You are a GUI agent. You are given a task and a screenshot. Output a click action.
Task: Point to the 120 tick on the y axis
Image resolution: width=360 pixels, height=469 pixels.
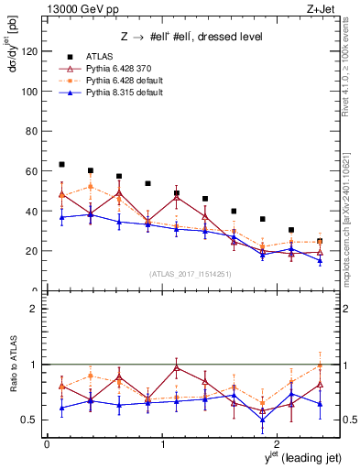pyautogui.click(x=29, y=52)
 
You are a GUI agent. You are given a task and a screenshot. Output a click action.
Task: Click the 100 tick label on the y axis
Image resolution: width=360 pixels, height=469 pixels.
pyautogui.click(x=29, y=92)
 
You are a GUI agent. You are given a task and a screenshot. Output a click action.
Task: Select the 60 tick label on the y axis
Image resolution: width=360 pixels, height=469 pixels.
pyautogui.click(x=32, y=171)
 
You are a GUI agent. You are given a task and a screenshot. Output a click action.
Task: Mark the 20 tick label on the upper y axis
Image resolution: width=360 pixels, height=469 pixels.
pyautogui.click(x=32, y=251)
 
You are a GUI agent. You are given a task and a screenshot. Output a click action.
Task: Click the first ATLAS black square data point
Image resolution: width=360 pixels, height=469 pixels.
pyautogui.click(x=61, y=164)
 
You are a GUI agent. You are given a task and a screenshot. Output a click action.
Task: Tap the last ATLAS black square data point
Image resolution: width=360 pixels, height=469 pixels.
pyautogui.click(x=320, y=241)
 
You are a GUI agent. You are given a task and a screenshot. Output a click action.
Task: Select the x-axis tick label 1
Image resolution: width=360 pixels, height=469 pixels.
pyautogui.click(x=163, y=444)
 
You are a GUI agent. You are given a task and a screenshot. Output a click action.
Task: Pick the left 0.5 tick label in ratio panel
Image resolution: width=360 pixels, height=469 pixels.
pyautogui.click(x=29, y=420)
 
